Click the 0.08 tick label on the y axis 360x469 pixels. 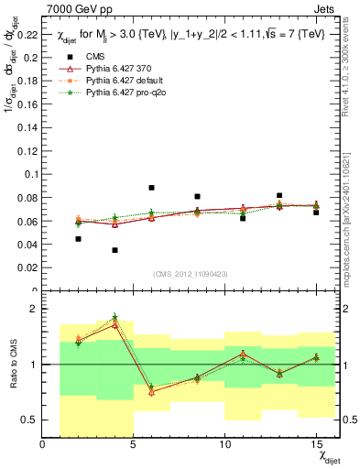coord(27,198)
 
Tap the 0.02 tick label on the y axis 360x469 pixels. coord(27,268)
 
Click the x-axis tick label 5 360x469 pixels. coord(134,444)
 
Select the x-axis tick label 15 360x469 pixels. coord(315,444)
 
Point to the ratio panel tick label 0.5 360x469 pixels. coord(30,420)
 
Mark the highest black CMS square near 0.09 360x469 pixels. coord(151,188)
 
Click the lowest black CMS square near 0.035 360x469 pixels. coord(115,250)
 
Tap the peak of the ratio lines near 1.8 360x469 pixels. coord(115,317)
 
